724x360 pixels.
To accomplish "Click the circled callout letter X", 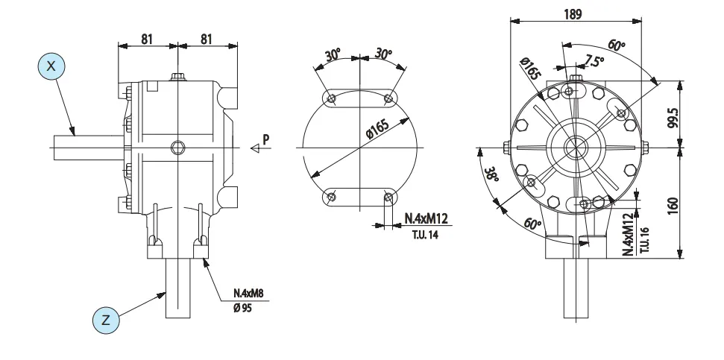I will click(x=51, y=66).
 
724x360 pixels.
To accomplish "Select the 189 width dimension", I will click(x=573, y=14).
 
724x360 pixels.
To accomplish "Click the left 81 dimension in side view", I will click(x=148, y=39).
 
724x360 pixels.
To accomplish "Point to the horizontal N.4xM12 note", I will click(x=426, y=219).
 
